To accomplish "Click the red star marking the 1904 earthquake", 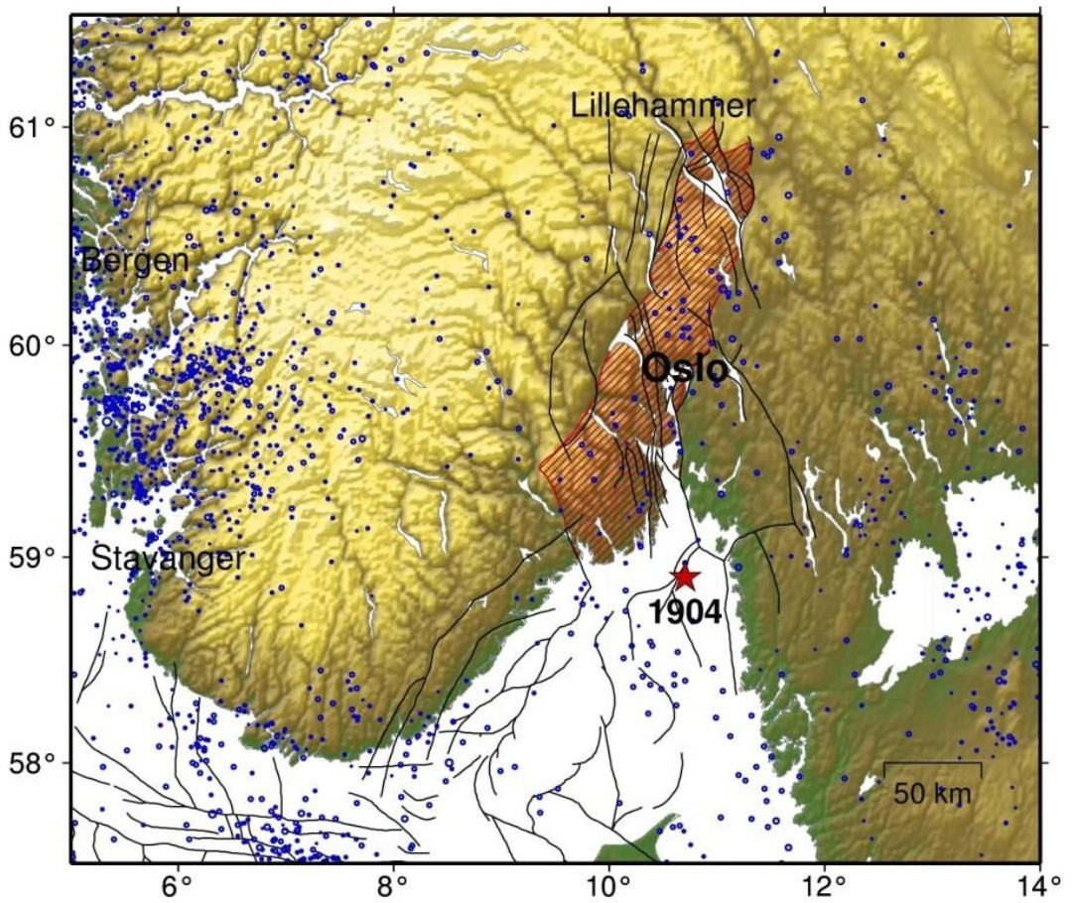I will pyautogui.click(x=684, y=577).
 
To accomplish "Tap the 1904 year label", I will pyautogui.click(x=684, y=611).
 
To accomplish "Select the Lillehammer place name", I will pyautogui.click(x=663, y=105).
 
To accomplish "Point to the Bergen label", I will pyautogui.click(x=135, y=260).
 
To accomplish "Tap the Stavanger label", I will pyautogui.click(x=168, y=559).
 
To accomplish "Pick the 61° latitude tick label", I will pyautogui.click(x=34, y=127).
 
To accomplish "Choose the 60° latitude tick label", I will pyautogui.click(x=34, y=345).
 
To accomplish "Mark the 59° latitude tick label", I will pyautogui.click(x=34, y=556).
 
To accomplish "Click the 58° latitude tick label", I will pyautogui.click(x=34, y=763).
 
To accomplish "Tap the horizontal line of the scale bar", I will pyautogui.click(x=932, y=763).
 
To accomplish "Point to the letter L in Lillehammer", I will pyautogui.click(x=578, y=105).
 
